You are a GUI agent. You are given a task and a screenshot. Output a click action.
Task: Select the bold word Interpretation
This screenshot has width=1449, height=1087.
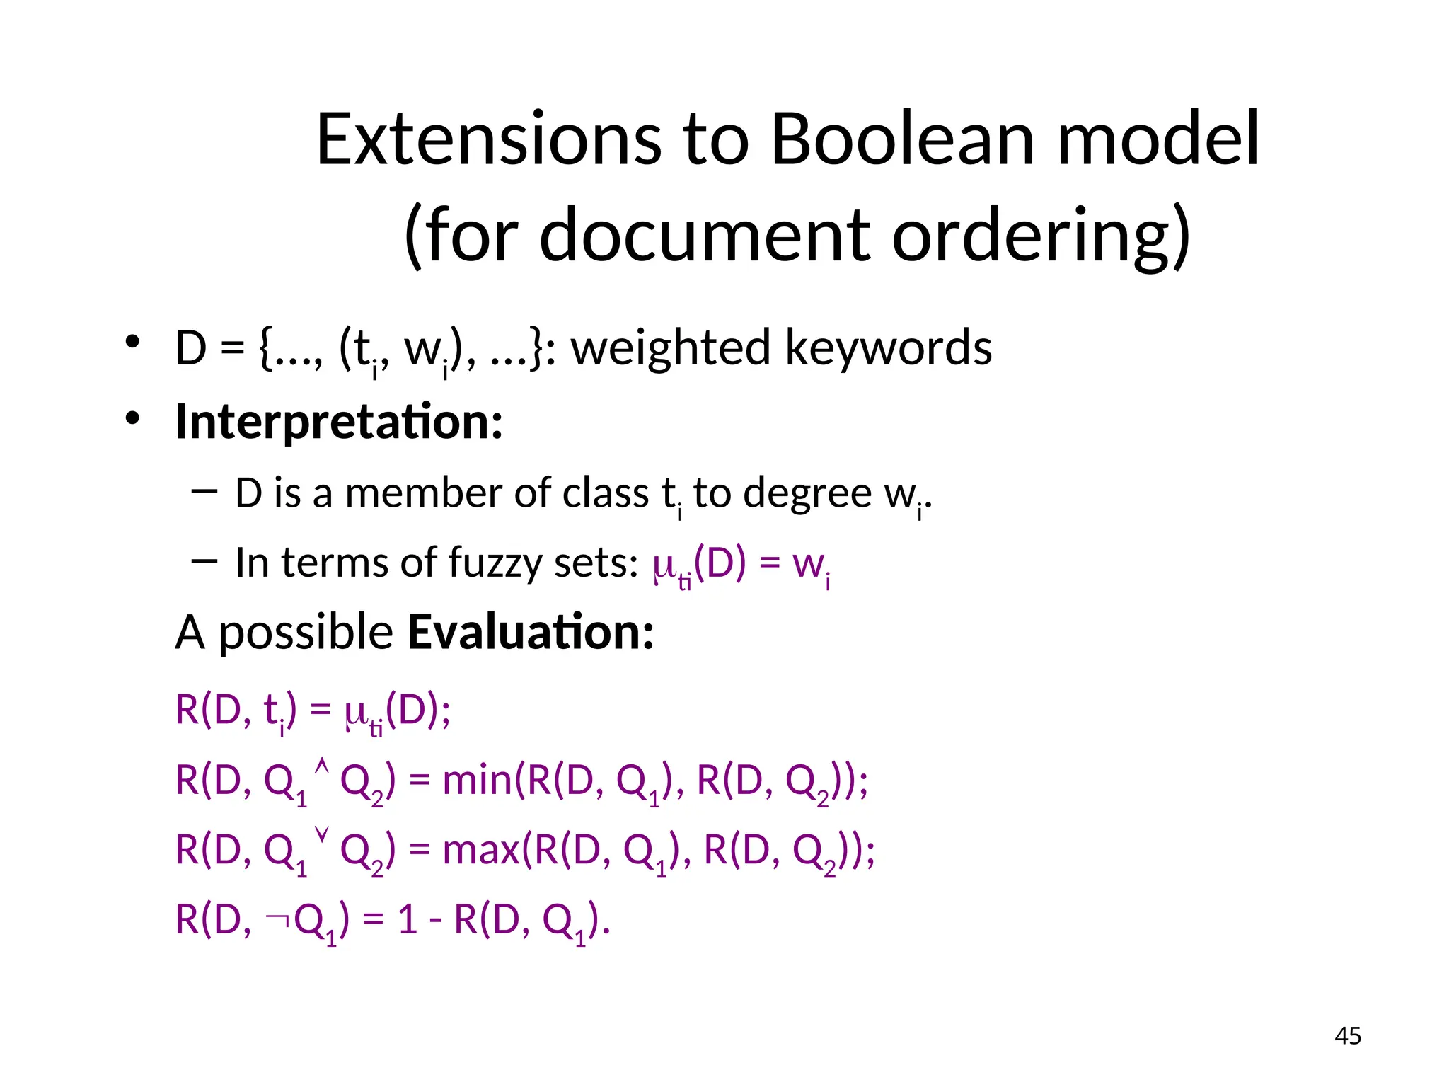pyautogui.click(x=339, y=422)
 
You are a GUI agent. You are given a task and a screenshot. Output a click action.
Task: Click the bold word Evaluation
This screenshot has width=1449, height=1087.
pyautogui.click(x=531, y=632)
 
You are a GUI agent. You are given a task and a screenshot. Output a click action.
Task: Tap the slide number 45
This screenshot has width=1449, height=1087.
pyautogui.click(x=1347, y=1036)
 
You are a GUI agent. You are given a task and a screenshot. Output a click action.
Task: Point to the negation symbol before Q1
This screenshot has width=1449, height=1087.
pyautogui.click(x=277, y=920)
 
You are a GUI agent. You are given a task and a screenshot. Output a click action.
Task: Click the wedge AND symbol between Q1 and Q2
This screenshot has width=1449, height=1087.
pyautogui.click(x=322, y=766)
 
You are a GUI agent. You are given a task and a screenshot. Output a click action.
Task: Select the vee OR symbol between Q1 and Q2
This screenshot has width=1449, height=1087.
pyautogui.click(x=322, y=835)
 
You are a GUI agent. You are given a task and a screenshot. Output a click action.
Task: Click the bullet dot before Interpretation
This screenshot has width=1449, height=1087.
pyautogui.click(x=132, y=419)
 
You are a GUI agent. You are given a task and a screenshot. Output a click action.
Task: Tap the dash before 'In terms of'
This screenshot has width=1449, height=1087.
pyautogui.click(x=204, y=561)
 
